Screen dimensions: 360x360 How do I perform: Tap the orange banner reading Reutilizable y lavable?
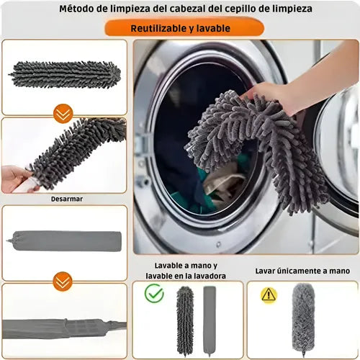[x=184, y=28]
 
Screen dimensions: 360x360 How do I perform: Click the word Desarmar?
[x=67, y=199]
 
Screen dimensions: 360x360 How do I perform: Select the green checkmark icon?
[x=154, y=293]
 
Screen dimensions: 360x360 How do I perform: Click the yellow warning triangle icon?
[x=269, y=294]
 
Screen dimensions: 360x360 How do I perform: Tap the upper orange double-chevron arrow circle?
[x=63, y=114]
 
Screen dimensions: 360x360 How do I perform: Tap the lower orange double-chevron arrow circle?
[x=63, y=282]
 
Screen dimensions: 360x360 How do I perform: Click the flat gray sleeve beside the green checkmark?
[x=210, y=320]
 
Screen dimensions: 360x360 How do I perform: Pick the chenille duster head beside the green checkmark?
[x=185, y=320]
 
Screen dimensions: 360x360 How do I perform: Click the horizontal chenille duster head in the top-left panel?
[x=65, y=74]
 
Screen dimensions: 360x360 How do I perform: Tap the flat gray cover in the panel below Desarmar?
[x=64, y=241]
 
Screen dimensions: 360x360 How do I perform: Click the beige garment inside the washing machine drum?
[x=225, y=182]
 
